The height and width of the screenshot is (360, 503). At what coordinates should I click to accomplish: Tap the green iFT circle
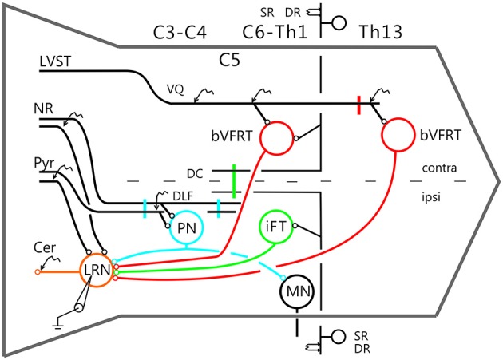[x=276, y=226]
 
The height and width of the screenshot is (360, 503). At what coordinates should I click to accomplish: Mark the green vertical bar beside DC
[x=233, y=179]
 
